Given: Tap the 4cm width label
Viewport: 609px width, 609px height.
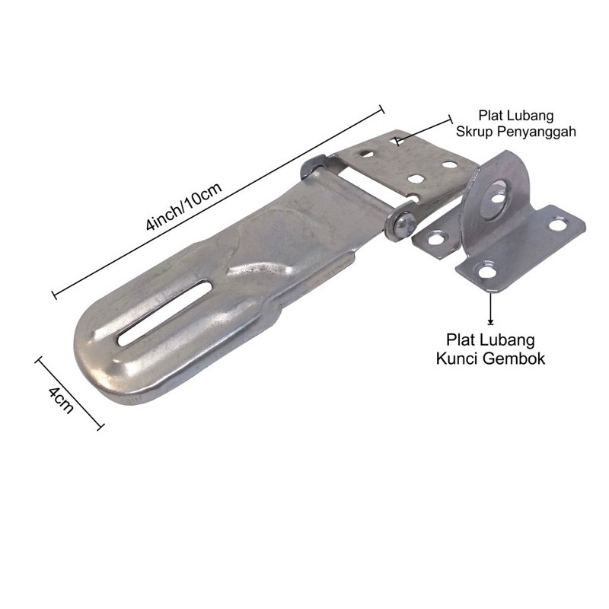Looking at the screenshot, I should point(60,399).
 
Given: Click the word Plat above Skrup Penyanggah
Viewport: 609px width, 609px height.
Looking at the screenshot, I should point(491,116).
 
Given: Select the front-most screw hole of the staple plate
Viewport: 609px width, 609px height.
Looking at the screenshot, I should point(485,270).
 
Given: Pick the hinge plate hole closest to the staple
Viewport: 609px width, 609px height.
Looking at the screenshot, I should point(449,164).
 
